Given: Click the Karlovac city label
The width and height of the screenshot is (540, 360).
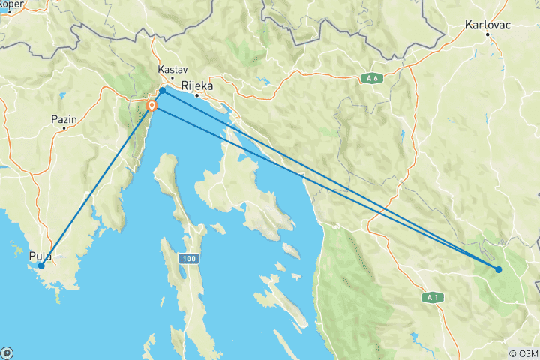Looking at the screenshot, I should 487,24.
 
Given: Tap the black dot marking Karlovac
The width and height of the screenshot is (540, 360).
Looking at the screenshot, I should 487,34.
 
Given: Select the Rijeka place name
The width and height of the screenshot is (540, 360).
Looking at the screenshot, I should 197,85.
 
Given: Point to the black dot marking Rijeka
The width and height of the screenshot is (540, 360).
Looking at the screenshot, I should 197,95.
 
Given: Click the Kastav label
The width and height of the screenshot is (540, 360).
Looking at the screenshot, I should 172,68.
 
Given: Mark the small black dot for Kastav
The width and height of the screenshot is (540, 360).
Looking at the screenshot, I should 172,78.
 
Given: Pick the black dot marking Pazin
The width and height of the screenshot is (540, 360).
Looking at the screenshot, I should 64,128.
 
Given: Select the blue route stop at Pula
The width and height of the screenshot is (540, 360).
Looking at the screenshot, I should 41,265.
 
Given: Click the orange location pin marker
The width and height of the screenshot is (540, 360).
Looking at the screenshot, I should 151,106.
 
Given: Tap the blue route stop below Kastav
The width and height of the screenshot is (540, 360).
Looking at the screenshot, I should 163,91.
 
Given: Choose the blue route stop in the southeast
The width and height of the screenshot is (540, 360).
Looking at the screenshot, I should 499,269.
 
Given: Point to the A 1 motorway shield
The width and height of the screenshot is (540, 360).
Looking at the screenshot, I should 430,298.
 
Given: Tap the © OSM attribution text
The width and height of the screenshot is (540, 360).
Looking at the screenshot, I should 523,353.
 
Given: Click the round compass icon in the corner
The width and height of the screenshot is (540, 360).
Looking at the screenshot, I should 7,352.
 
